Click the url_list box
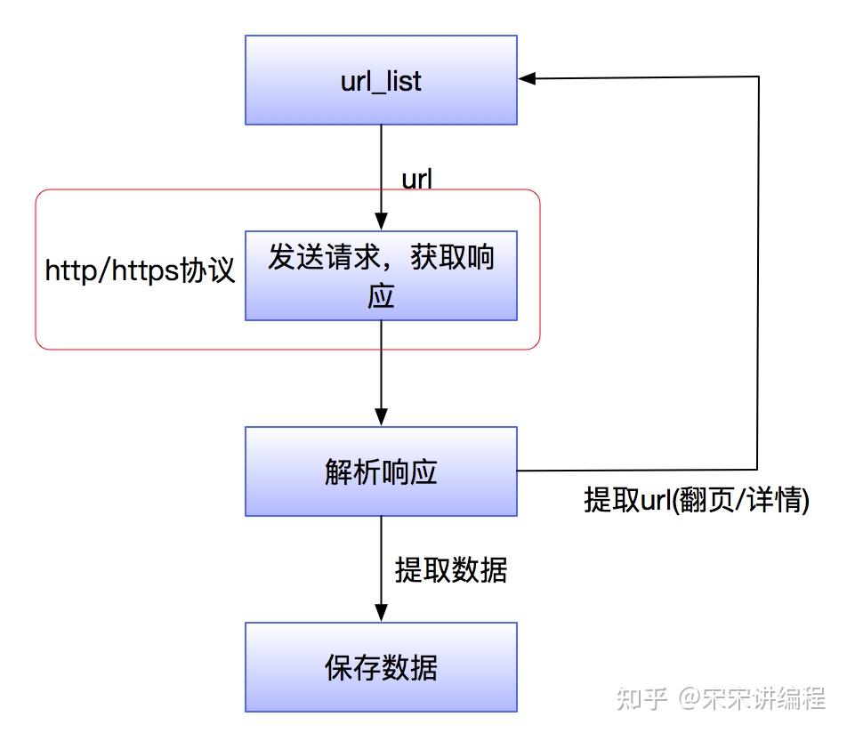[381, 80]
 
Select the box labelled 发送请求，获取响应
[381, 276]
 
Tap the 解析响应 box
[381, 471]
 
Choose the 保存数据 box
[381, 666]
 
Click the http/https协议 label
[140, 270]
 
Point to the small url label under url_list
[416, 179]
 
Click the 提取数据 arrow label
[451, 569]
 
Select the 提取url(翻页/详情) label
[697, 499]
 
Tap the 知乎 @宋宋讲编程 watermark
[722, 698]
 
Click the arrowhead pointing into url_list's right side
[527, 78]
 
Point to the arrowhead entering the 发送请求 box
[381, 222]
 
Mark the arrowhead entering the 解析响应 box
[381, 417]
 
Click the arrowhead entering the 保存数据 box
[381, 613]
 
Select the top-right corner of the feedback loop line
[758, 77]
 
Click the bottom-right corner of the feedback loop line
[757, 469]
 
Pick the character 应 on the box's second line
[381, 296]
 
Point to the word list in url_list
[404, 81]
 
